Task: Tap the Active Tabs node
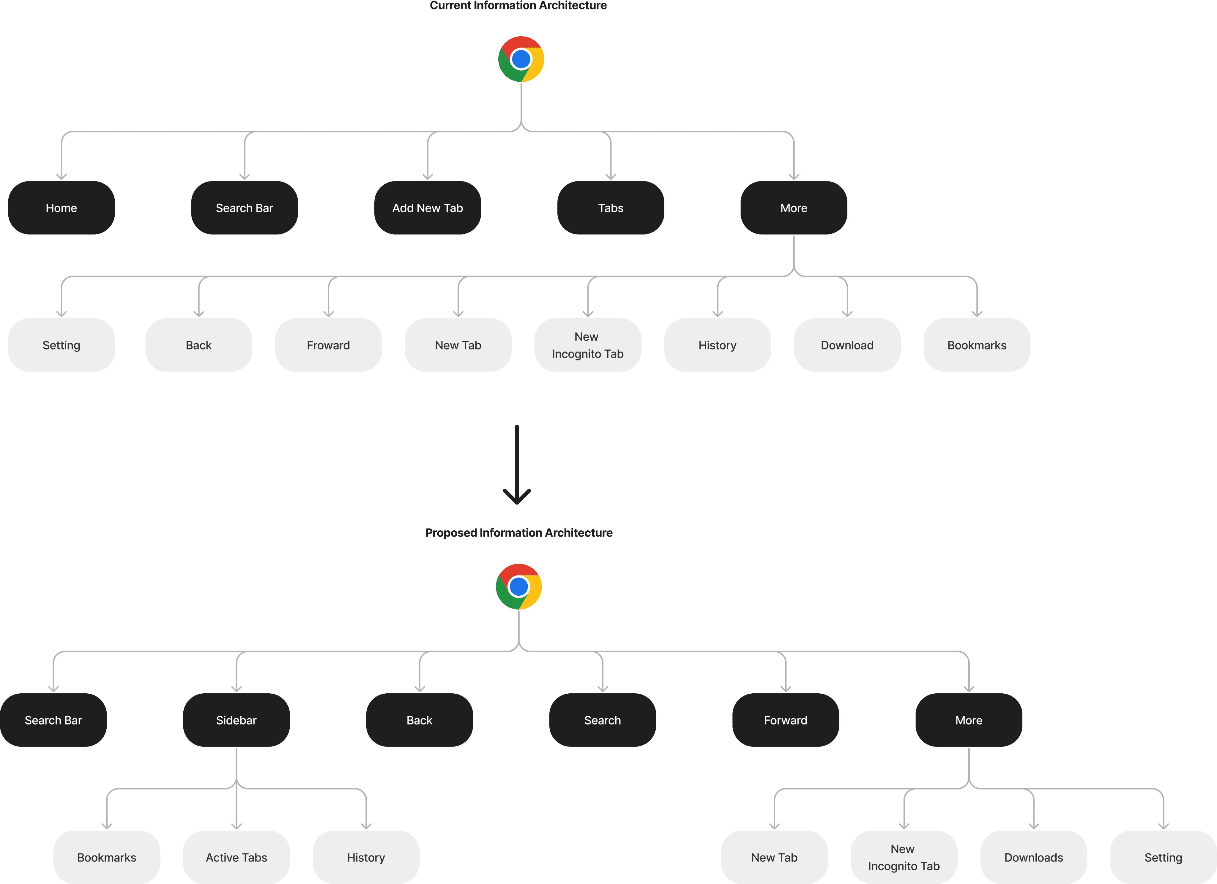click(x=236, y=857)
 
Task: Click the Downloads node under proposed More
click(x=1033, y=857)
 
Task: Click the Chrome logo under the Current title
click(x=521, y=59)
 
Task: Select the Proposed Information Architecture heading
click(x=518, y=533)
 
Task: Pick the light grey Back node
click(x=198, y=345)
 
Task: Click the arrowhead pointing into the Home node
click(x=61, y=176)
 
